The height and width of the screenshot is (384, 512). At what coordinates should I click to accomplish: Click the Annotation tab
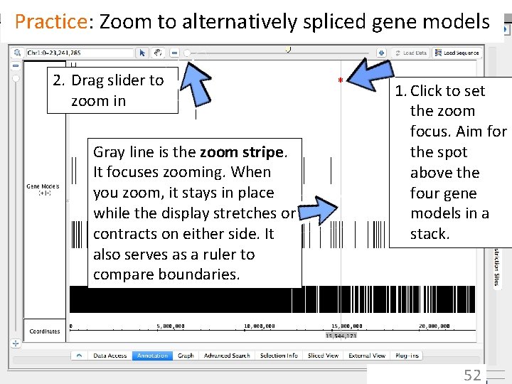[152, 356]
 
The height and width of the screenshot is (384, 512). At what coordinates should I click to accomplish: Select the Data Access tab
[110, 356]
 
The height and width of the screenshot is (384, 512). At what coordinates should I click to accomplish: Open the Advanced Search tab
[227, 356]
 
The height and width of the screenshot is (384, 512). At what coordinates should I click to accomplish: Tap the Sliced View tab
[323, 356]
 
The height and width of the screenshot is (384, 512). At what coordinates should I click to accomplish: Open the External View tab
[367, 356]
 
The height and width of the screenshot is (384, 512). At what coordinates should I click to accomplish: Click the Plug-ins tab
[407, 356]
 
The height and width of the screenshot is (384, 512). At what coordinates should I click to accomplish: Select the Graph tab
[186, 356]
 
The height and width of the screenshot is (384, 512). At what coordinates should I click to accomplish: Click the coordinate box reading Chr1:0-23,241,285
[78, 53]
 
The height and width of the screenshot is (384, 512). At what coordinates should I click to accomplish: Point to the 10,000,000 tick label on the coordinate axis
[259, 326]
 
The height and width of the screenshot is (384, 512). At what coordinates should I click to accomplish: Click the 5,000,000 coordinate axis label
[171, 326]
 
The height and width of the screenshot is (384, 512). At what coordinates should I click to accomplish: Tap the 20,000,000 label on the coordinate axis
[433, 326]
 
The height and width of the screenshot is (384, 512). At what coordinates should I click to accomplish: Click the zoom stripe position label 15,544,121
[341, 336]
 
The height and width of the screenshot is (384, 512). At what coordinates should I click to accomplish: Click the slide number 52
[472, 375]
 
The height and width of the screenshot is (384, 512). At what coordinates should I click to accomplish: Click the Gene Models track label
[43, 189]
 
